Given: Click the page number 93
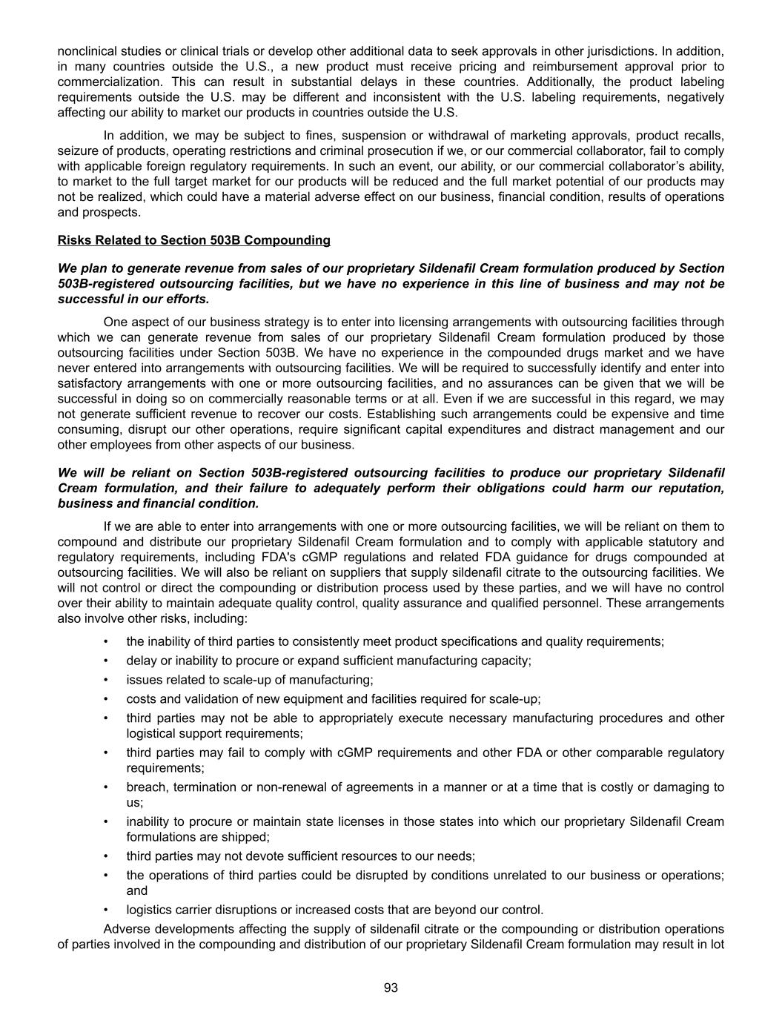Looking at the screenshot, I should point(391,987).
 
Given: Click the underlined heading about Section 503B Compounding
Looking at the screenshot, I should point(193,240).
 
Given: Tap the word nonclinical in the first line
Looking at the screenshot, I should point(87,51).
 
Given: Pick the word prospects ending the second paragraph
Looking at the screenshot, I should point(113,212).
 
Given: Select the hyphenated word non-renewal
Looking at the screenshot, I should point(292,787).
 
